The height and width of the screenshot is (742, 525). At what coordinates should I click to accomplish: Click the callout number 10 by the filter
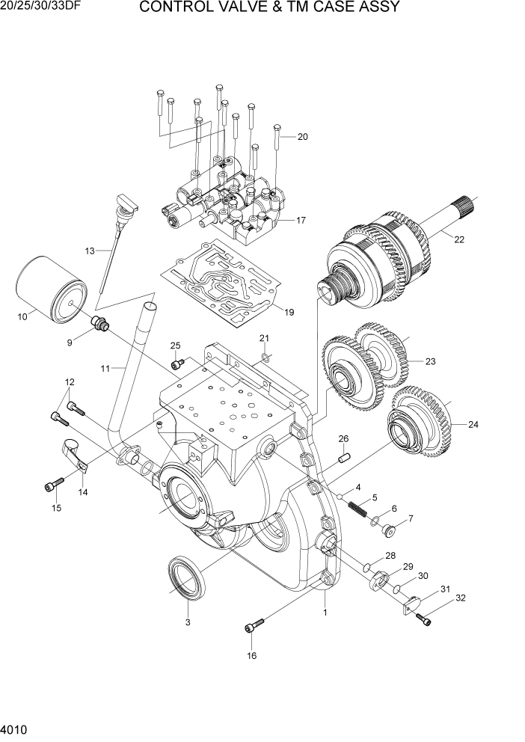pos(22,316)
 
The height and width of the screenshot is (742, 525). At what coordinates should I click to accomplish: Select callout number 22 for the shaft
pos(459,239)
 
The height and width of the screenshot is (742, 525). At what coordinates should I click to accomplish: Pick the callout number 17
pos(301,220)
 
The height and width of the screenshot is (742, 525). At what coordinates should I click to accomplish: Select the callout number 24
pos(473,425)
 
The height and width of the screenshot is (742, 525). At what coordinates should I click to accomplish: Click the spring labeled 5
pos(357,509)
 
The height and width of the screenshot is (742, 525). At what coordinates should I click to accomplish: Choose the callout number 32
pos(461,598)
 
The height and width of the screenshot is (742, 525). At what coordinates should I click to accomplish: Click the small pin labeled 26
pos(345,457)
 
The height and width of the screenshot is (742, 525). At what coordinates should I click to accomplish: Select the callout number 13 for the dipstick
pos(90,251)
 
